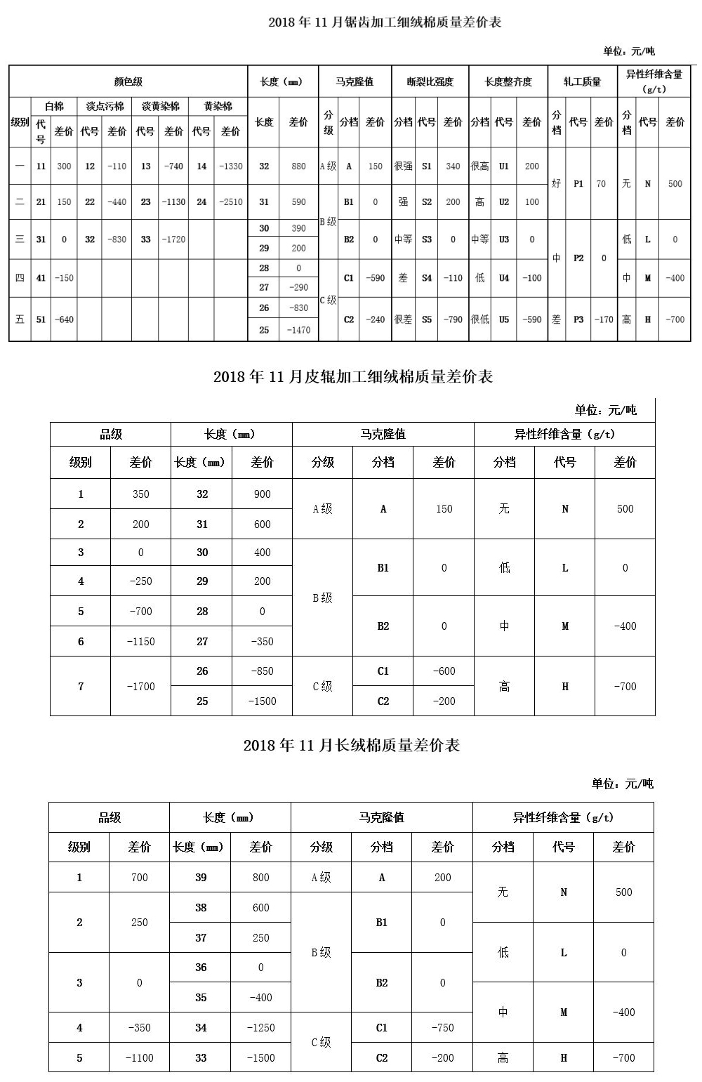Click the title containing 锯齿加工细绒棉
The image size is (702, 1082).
click(385, 22)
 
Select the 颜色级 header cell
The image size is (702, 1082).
click(128, 81)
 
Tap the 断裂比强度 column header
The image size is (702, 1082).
click(430, 81)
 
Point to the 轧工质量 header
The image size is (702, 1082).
click(582, 81)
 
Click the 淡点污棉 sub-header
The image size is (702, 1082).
click(105, 107)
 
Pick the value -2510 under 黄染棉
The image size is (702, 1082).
click(230, 202)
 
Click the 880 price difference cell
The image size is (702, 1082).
click(298, 166)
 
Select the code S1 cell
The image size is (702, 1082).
click(427, 166)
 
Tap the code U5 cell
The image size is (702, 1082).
click(504, 319)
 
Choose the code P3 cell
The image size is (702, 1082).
click(578, 319)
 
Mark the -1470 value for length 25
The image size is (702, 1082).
click(298, 330)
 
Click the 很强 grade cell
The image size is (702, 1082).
click(403, 166)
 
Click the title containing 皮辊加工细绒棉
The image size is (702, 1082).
click(352, 377)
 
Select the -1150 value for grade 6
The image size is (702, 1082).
click(140, 642)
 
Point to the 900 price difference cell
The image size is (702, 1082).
click(262, 494)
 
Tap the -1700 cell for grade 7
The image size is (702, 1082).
click(140, 686)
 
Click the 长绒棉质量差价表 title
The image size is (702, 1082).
click(351, 745)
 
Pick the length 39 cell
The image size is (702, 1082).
click(201, 878)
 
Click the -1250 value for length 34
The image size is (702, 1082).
click(260, 1028)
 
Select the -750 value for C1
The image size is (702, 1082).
click(442, 1028)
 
